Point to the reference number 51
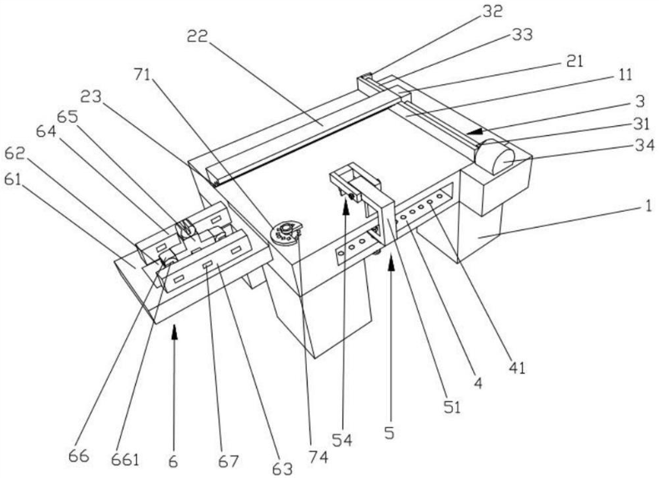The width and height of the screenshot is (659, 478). coord(450,406)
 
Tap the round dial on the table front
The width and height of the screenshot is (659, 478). coord(288,231)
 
